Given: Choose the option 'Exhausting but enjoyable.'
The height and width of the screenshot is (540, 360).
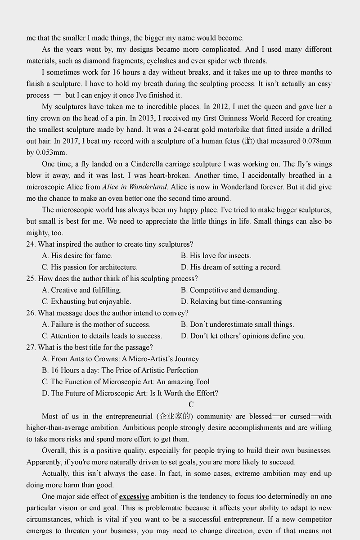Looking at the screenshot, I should click(90, 301).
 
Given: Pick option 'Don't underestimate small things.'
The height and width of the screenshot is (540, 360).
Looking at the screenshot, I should click(242, 324).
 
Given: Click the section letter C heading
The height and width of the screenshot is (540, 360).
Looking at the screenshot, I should click(191, 405).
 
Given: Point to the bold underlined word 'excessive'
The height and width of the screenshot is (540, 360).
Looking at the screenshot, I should click(134, 496).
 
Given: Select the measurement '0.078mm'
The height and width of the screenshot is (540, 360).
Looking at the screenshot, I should click(317, 141).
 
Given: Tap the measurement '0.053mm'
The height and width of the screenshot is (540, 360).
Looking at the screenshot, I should click(51, 153).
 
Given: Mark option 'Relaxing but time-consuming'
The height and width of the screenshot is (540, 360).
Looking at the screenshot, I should click(235, 301).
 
